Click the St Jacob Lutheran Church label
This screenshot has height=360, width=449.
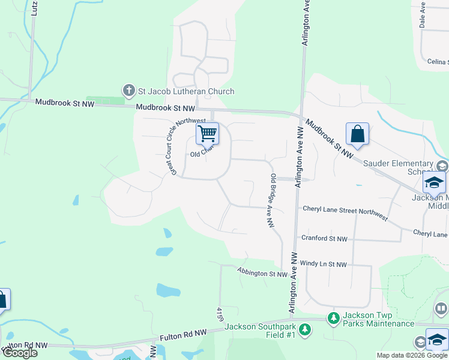click(x=186, y=91)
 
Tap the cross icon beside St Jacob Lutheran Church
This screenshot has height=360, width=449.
click(x=128, y=91)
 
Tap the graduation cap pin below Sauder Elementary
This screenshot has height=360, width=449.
click(x=434, y=182)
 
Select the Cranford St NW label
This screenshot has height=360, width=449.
click(x=325, y=238)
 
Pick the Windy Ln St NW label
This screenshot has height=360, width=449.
click(x=324, y=264)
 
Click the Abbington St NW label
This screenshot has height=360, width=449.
click(x=263, y=274)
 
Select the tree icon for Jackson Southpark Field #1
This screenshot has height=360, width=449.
click(x=305, y=329)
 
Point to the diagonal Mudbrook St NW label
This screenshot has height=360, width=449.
click(x=330, y=139)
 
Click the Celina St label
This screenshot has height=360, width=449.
click(x=436, y=62)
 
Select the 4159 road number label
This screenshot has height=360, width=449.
click(x=220, y=313)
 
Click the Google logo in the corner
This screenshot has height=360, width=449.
click(x=20, y=353)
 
